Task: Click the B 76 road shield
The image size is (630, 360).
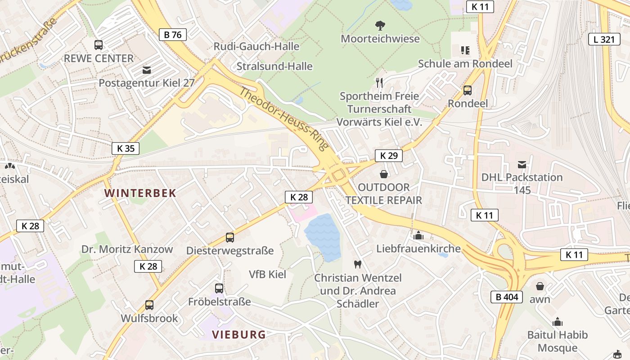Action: click(x=173, y=35)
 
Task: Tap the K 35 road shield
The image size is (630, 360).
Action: click(x=126, y=148)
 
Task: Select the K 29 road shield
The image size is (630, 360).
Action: click(x=389, y=156)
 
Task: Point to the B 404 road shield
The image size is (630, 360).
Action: click(x=507, y=297)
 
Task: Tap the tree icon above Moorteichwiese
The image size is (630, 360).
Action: click(x=380, y=25)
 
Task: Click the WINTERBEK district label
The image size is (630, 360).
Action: click(x=140, y=193)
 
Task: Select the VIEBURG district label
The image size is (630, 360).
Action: click(x=238, y=334)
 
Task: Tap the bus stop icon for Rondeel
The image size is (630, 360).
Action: click(x=468, y=90)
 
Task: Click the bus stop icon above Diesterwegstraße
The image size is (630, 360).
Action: click(x=230, y=237)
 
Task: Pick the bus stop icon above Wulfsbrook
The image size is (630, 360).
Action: click(x=149, y=305)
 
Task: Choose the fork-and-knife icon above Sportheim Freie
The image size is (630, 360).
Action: click(x=379, y=82)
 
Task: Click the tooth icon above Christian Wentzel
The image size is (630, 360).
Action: click(x=358, y=265)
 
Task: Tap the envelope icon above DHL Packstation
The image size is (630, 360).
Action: click(x=522, y=165)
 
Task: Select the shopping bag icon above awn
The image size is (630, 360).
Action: click(x=540, y=286)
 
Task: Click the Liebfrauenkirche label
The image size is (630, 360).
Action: click(x=418, y=248)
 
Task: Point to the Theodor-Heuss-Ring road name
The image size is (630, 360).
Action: click(x=284, y=120)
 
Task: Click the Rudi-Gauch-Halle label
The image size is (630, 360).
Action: click(x=256, y=46)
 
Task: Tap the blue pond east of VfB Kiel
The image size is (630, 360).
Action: click(x=323, y=236)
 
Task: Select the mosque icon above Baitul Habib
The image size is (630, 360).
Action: click(x=558, y=322)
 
